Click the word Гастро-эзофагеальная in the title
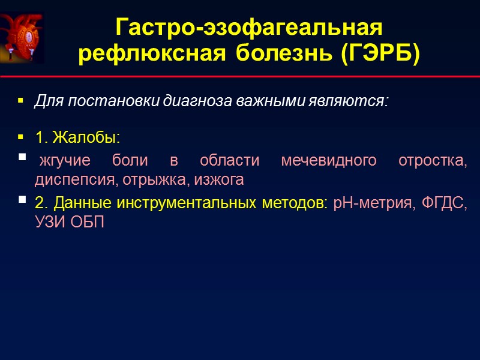(248, 28)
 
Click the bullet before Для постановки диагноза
(21, 100)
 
